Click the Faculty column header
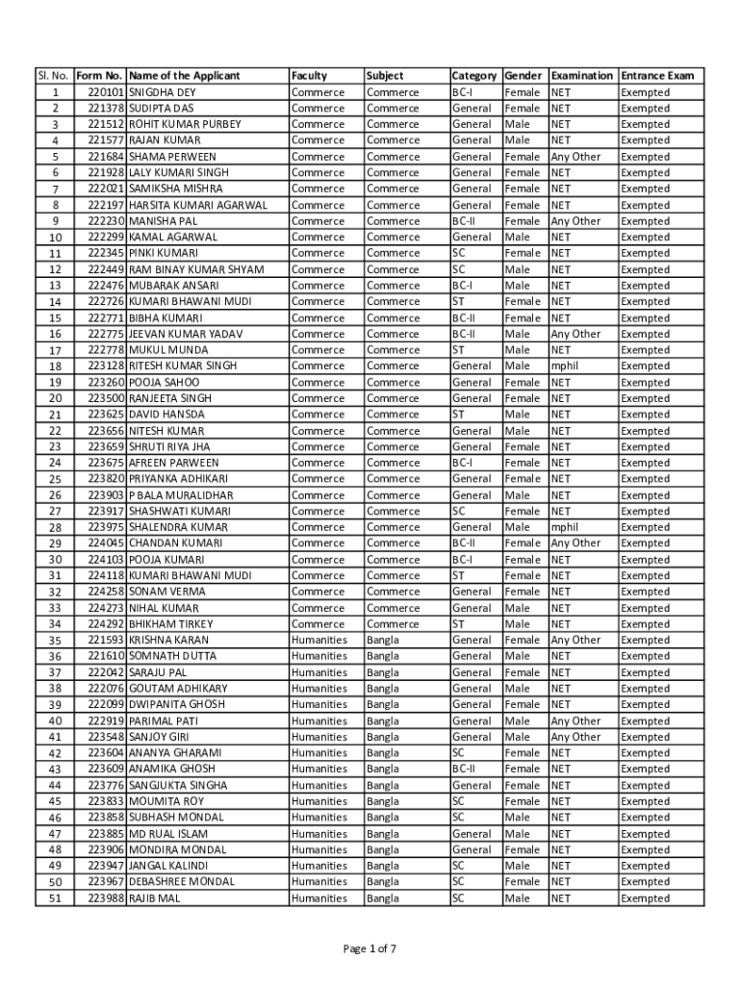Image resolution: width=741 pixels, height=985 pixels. pyautogui.click(x=310, y=75)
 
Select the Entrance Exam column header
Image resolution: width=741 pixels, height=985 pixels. pyautogui.click(x=657, y=75)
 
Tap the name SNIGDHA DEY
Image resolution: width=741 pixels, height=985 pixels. pyautogui.click(x=162, y=92)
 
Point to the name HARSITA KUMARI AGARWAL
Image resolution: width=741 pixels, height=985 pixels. pyautogui.click(x=198, y=205)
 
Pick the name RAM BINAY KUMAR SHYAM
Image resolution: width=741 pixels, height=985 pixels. pyautogui.click(x=196, y=269)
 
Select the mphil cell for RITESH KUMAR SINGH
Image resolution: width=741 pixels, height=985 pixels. pyautogui.click(x=565, y=366)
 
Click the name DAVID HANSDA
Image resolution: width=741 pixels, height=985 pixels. pyautogui.click(x=166, y=415)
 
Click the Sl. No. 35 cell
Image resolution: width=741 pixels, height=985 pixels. pyautogui.click(x=55, y=641)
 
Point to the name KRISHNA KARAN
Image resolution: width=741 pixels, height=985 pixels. pyautogui.click(x=168, y=640)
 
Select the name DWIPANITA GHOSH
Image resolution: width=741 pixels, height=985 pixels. pyautogui.click(x=177, y=704)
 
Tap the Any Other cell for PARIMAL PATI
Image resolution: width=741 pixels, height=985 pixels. pyautogui.click(x=575, y=720)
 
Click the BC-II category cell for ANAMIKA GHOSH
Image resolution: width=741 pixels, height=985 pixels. pyautogui.click(x=464, y=769)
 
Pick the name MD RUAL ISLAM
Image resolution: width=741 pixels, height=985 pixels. pyautogui.click(x=168, y=834)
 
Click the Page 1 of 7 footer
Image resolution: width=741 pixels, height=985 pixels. pyautogui.click(x=370, y=949)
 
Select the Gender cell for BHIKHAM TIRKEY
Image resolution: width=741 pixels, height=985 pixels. pyautogui.click(x=518, y=624)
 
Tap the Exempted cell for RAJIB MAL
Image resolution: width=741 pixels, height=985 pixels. pyautogui.click(x=645, y=898)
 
